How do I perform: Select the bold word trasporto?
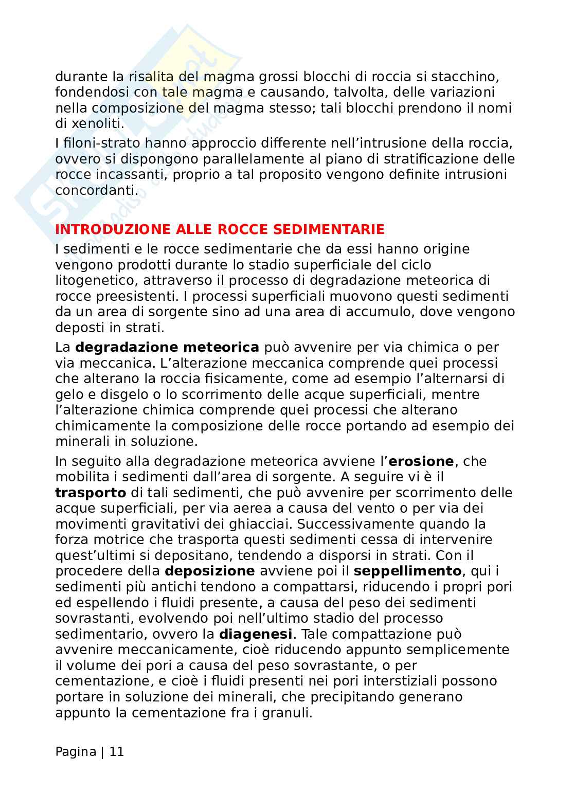91,493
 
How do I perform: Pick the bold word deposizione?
209,571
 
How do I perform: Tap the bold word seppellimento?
408,571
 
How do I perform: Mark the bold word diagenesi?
256,634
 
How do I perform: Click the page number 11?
117,752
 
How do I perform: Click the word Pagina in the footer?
76,752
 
